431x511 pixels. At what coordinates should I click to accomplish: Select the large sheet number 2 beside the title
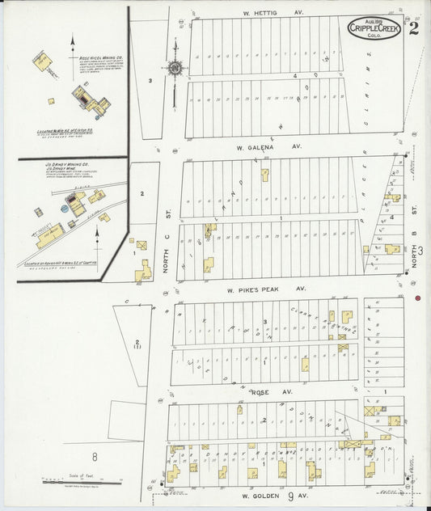click(x=414, y=30)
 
